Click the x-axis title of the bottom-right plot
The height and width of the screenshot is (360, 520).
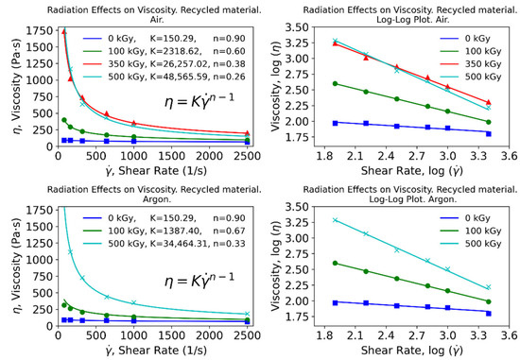click(x=416, y=348)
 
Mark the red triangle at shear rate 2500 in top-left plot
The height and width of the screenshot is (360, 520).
click(x=247, y=134)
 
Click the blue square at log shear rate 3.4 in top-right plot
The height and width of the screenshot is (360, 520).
click(x=486, y=133)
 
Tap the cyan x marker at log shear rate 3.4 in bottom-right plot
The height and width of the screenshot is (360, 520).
click(x=486, y=287)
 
